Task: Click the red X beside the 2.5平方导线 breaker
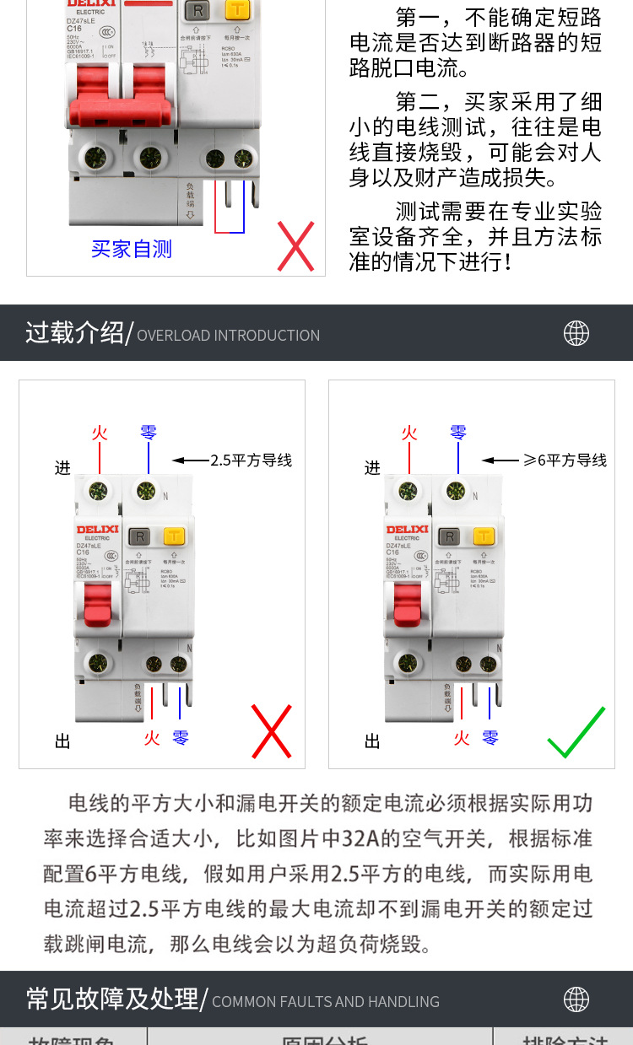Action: tap(272, 731)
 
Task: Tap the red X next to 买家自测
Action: tap(295, 245)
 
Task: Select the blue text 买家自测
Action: tap(132, 249)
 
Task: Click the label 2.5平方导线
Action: tap(251, 461)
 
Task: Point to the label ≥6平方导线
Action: tap(565, 460)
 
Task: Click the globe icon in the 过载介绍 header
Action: tap(576, 333)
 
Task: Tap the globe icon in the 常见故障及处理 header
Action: tap(576, 999)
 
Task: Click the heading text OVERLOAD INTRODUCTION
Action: tap(228, 336)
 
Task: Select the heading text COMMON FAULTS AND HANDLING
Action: tap(326, 1002)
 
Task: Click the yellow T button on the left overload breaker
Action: tap(174, 536)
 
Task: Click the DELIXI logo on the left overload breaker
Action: tap(98, 530)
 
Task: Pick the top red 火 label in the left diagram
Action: tap(100, 433)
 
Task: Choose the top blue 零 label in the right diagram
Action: tap(458, 433)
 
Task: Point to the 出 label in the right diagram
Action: tap(372, 741)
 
